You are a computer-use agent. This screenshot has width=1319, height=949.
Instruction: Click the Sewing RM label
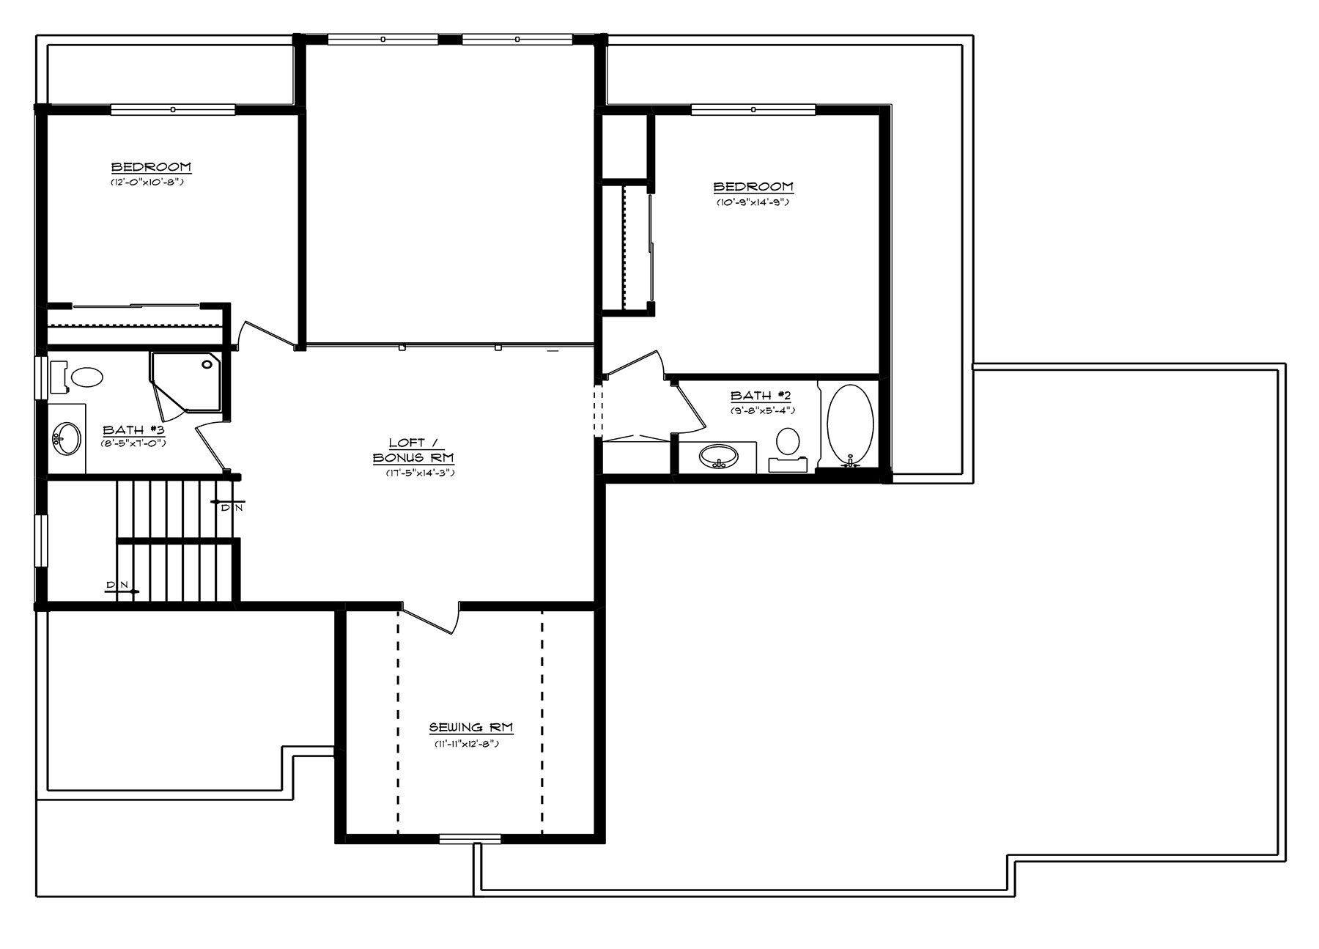tap(470, 728)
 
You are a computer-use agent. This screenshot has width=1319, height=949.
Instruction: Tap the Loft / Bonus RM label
tap(413, 451)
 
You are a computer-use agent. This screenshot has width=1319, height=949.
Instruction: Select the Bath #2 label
tap(761, 396)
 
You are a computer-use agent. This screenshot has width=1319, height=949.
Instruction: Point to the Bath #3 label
tap(133, 430)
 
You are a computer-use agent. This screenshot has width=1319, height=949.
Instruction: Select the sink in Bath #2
tap(718, 457)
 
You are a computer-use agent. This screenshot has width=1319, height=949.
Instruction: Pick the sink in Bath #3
tap(67, 438)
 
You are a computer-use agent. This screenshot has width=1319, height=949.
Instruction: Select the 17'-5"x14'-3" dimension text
tap(421, 473)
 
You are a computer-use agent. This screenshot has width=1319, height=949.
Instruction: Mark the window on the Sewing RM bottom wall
tap(470, 838)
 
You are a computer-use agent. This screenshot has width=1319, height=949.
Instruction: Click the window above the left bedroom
tap(173, 110)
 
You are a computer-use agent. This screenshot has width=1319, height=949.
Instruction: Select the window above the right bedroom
tap(753, 110)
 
